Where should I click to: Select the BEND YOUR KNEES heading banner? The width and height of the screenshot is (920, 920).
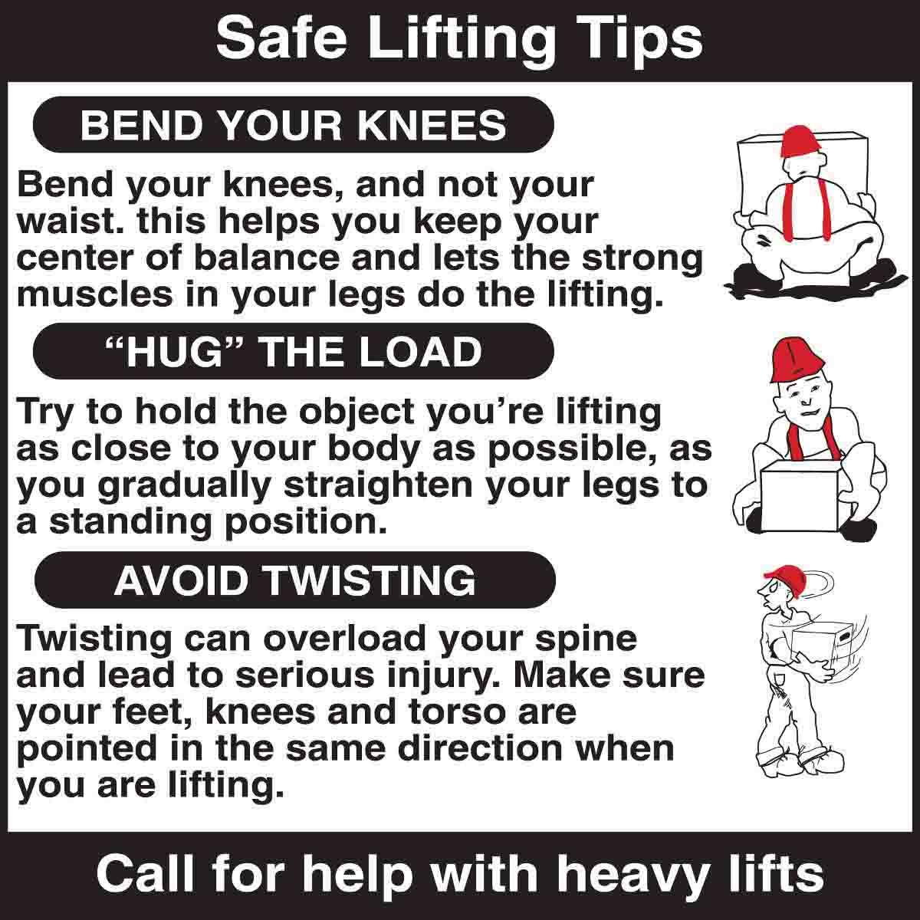[x=293, y=125]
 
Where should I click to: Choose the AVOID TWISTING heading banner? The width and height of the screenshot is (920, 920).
[x=294, y=580]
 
